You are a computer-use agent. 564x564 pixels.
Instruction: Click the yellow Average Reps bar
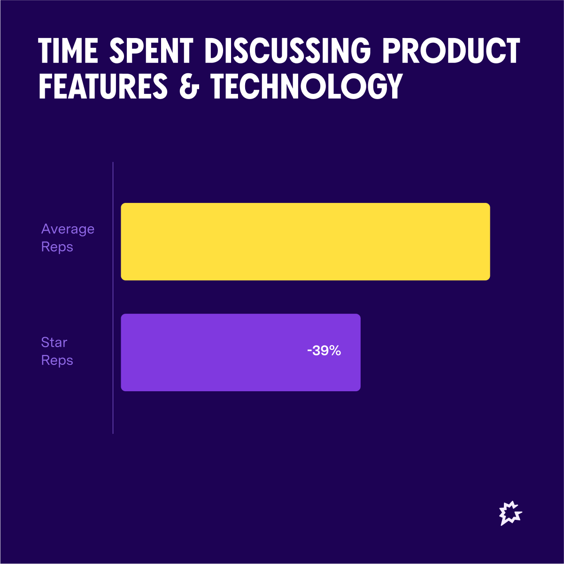pos(305,241)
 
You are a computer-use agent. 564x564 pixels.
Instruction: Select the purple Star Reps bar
pos(240,352)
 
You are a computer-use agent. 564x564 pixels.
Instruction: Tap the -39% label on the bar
pos(324,351)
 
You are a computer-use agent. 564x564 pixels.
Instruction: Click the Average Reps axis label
pos(68,238)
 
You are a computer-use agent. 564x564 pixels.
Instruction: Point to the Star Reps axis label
pos(57,351)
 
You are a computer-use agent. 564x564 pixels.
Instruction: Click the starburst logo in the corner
pos(510,513)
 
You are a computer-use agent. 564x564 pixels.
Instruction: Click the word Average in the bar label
pos(68,229)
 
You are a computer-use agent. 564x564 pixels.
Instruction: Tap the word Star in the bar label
pos(54,342)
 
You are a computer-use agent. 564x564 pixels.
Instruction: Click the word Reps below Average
pos(57,247)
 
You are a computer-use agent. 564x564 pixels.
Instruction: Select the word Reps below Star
pos(57,360)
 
